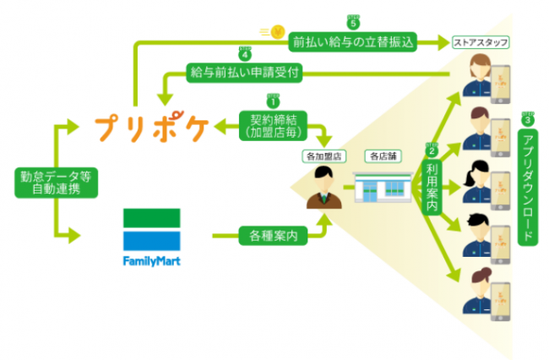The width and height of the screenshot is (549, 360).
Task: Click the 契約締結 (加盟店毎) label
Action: (271, 126)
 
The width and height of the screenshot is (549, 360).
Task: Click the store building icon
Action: (377, 187)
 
